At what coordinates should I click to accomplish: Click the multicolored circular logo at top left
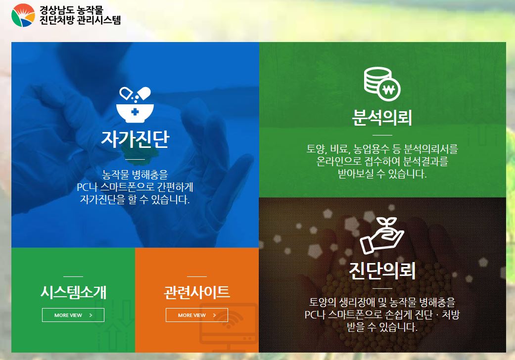click(x=23, y=15)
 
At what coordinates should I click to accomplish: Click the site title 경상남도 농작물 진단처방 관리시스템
click(x=80, y=15)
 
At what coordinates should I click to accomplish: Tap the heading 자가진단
click(x=135, y=139)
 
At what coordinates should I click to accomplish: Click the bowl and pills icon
click(x=135, y=105)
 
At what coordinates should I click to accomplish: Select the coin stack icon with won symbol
click(x=382, y=84)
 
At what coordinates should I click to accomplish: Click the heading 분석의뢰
click(x=382, y=117)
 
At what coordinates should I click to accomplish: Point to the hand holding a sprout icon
click(x=382, y=235)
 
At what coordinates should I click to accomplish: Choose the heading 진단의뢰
click(x=382, y=270)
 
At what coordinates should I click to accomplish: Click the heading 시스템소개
click(x=73, y=292)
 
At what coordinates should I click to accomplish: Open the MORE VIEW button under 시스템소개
click(x=73, y=315)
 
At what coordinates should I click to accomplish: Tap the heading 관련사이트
click(x=197, y=292)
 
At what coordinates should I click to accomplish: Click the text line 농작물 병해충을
click(x=135, y=174)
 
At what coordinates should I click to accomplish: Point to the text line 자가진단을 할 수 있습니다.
click(x=135, y=199)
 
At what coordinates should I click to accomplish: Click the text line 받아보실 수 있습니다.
click(x=382, y=174)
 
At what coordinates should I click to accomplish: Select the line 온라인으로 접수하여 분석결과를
click(x=382, y=161)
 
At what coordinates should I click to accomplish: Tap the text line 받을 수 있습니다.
click(x=382, y=327)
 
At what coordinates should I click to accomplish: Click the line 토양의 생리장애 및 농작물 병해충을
click(x=382, y=302)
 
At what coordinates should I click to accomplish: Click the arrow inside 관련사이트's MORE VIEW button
click(x=215, y=315)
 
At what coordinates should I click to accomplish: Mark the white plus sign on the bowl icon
click(x=135, y=112)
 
